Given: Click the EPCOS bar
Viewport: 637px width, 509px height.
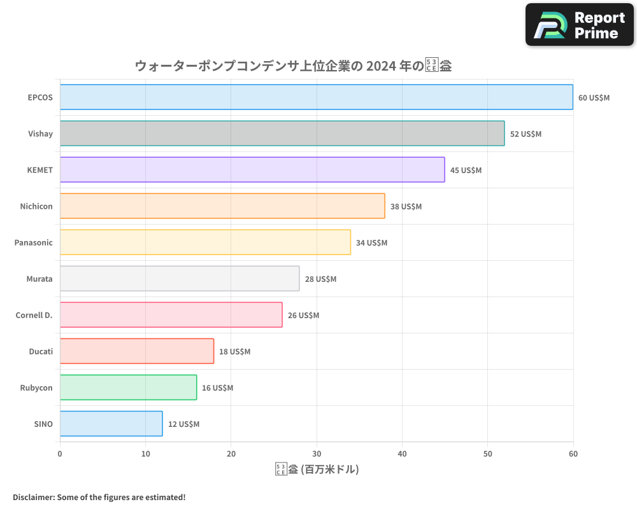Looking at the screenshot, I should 317,97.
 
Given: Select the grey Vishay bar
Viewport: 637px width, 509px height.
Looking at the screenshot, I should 282,134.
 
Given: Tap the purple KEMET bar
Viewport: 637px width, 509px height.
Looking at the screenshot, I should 252,170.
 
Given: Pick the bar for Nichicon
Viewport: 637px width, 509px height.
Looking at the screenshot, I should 222,206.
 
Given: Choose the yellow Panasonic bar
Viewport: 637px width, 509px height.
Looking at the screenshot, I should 205,242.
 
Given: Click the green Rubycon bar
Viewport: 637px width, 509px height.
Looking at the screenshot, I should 128,387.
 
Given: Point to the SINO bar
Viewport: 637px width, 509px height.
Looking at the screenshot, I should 111,424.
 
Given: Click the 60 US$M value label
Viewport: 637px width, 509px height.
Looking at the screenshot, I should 594,98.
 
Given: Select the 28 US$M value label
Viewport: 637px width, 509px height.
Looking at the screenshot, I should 320,279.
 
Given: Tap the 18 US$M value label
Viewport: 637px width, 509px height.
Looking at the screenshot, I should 234,352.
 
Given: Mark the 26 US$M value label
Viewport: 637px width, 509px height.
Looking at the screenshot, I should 303,316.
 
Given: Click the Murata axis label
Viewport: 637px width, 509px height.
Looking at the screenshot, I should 39,279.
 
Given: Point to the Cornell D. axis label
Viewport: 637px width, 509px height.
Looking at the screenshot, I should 34,316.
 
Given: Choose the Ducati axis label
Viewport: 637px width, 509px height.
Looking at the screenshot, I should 41,352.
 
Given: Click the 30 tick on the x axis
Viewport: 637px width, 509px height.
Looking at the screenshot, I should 317,454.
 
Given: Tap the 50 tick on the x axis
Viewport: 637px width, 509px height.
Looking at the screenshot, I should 487,454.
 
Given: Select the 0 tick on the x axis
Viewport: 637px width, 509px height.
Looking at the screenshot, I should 60,454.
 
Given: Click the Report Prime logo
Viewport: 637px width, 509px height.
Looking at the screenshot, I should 580,25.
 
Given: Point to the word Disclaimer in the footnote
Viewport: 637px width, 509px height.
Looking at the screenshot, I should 32,497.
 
